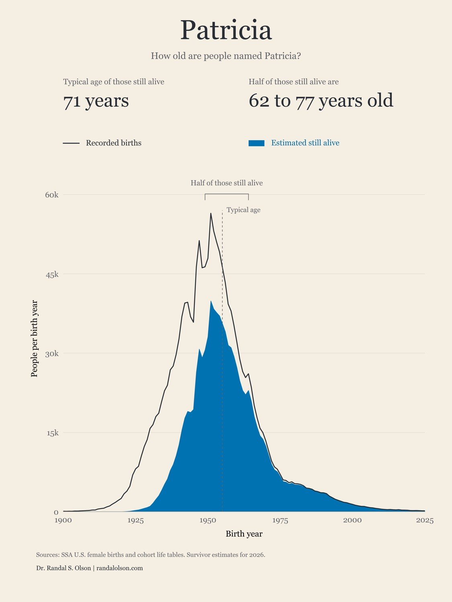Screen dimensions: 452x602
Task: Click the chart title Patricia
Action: [x=226, y=30]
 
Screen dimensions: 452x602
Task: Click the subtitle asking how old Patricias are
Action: [x=226, y=56]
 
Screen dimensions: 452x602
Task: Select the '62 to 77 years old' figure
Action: [x=321, y=100]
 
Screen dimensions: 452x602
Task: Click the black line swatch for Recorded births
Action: [x=71, y=143]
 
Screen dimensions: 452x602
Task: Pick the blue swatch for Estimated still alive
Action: [x=256, y=143]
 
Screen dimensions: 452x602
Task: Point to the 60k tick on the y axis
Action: [x=52, y=195]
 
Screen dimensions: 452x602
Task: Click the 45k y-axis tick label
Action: [x=52, y=274]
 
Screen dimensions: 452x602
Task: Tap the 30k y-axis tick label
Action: [x=52, y=354]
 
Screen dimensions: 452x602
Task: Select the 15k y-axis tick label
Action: [x=52, y=433]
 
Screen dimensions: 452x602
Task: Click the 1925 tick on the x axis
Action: [x=135, y=521]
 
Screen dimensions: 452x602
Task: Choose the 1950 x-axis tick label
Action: [x=208, y=521]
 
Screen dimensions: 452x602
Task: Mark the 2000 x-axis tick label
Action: [x=352, y=521]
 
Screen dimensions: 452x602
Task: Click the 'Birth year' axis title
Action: [x=244, y=534]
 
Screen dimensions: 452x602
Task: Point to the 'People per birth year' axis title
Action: [x=34, y=339]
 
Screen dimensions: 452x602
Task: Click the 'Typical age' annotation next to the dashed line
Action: [x=243, y=210]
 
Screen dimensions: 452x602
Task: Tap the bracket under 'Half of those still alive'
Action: [x=227, y=194]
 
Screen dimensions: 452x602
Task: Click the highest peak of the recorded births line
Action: [x=211, y=214]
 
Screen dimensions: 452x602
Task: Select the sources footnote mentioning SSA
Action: [x=151, y=555]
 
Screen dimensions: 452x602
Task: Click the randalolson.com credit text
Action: [x=119, y=568]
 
